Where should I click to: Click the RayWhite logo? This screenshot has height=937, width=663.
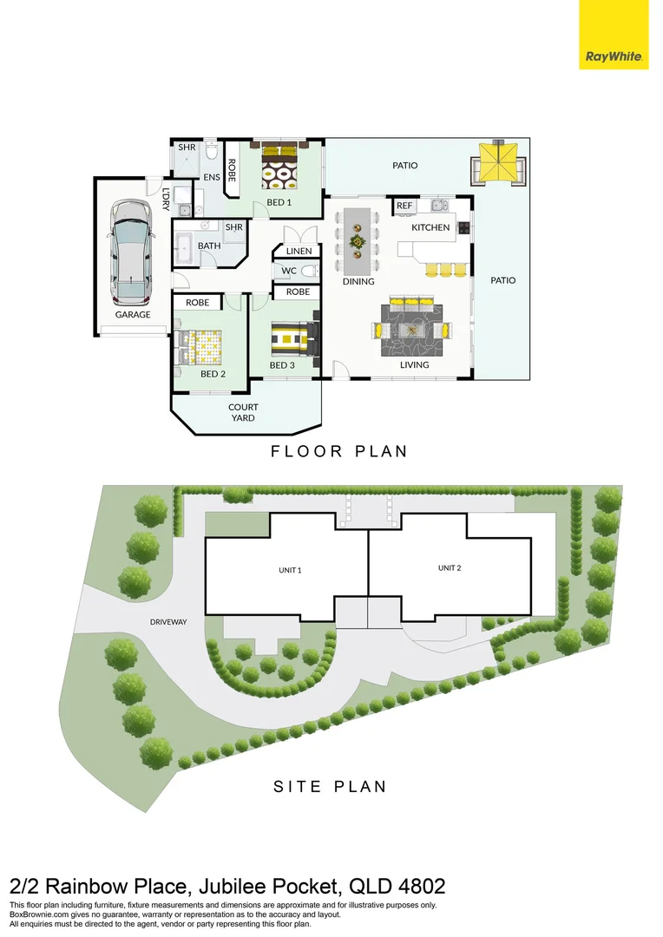coord(614,35)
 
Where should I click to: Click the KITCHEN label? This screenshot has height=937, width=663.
coord(430,227)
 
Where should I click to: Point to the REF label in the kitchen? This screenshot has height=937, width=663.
coord(404,206)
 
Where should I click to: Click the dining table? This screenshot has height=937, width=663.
coord(357,238)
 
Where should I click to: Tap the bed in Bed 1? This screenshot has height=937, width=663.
coord(280,164)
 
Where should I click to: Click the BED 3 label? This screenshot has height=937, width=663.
coord(282,365)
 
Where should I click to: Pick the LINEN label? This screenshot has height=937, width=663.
coord(298,252)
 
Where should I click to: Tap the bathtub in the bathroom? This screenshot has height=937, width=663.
coord(185,248)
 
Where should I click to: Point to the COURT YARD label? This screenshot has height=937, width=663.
coord(243,412)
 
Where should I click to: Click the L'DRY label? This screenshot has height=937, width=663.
coord(165,200)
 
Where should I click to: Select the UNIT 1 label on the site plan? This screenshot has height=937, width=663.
coord(289,570)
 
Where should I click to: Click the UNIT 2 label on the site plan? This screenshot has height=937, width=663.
coord(449,567)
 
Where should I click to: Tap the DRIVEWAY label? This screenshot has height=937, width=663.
coord(168,622)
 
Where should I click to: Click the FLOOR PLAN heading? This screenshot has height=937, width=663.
coord(338,451)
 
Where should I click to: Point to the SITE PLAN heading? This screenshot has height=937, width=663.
coord(330,787)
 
